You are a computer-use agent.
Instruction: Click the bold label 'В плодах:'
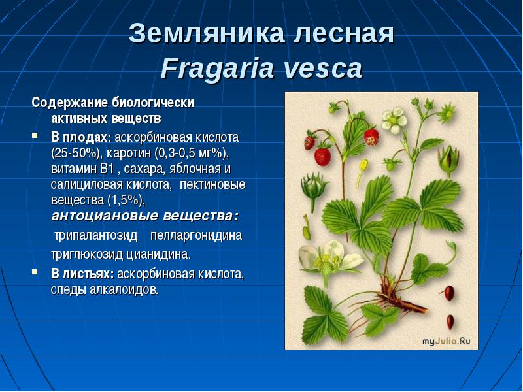click(81, 137)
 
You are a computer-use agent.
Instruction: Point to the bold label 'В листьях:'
click(82, 274)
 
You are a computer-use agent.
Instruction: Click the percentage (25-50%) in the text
click(76, 154)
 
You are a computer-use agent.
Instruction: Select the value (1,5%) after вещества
click(126, 201)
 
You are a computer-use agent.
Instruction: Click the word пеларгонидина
click(196, 235)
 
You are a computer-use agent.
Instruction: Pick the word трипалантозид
click(95, 235)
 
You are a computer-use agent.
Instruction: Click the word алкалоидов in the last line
click(124, 290)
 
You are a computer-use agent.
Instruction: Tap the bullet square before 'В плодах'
click(35, 136)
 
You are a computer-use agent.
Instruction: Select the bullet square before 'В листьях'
click(35, 272)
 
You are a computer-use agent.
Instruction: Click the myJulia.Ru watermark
click(447, 341)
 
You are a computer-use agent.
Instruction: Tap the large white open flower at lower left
click(329, 257)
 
